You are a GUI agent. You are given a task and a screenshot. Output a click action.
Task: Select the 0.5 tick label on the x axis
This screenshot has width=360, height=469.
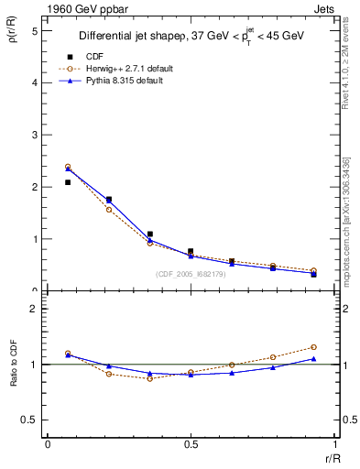click(190, 444)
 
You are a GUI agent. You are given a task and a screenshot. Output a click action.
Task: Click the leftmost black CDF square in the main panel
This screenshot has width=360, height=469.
click(68, 182)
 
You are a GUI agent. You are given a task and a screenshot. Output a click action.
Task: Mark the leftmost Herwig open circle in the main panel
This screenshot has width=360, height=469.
click(68, 167)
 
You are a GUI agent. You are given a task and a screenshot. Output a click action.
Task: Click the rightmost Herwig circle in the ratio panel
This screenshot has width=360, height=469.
click(313, 347)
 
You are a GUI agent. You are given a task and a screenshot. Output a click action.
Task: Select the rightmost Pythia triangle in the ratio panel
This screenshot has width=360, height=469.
click(313, 359)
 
